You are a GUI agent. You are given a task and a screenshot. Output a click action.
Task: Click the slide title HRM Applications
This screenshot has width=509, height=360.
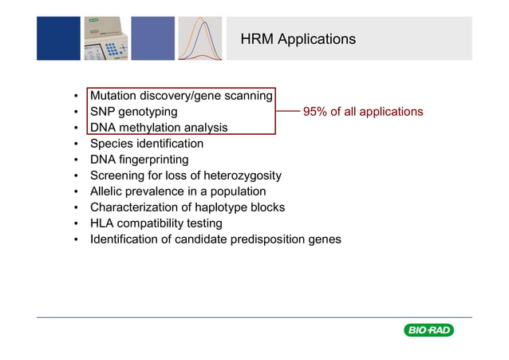pyautogui.click(x=297, y=39)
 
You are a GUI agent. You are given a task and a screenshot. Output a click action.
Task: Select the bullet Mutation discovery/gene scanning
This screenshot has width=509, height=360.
pyautogui.click(x=181, y=96)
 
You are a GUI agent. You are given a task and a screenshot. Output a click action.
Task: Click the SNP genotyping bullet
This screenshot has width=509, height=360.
pyautogui.click(x=133, y=112)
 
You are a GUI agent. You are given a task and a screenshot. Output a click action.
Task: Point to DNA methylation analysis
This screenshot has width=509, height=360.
pyautogui.click(x=158, y=128)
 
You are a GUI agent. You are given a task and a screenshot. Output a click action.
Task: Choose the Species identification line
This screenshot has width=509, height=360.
pyautogui.click(x=146, y=144)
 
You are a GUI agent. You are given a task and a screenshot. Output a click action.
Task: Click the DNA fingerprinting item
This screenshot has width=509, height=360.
pyautogui.click(x=139, y=160)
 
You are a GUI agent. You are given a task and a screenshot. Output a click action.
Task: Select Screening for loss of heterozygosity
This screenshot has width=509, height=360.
pyautogui.click(x=185, y=176)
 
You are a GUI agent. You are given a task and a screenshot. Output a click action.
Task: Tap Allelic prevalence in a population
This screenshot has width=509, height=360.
pyautogui.click(x=178, y=192)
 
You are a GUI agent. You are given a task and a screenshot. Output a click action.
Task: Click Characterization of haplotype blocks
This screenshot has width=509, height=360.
pyautogui.click(x=187, y=208)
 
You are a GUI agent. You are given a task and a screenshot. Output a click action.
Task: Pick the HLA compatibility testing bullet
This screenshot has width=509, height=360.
pyautogui.click(x=156, y=224)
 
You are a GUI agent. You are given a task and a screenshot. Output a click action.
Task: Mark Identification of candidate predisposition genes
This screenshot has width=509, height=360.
pyautogui.click(x=215, y=239)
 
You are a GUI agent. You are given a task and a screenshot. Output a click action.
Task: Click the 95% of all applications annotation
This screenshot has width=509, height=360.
pyautogui.click(x=363, y=112)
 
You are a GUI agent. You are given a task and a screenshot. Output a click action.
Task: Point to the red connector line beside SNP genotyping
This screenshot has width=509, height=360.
pyautogui.click(x=286, y=112)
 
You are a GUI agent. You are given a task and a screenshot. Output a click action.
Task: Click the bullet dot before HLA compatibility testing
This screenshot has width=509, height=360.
pyautogui.click(x=76, y=224)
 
